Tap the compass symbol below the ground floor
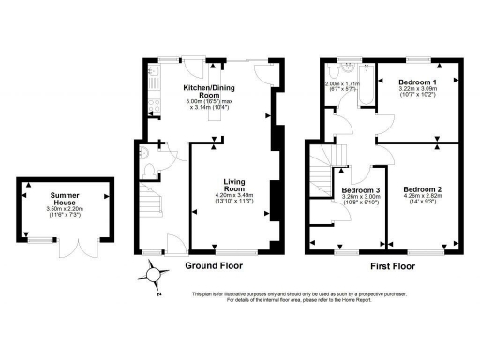pyautogui.click(x=153, y=274)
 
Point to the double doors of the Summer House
pyautogui.click(x=74, y=247)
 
